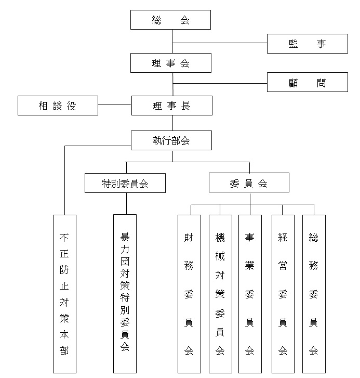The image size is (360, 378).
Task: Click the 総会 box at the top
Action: click(170, 20)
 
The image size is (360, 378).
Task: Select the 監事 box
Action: click(308, 44)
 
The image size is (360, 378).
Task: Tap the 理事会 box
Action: click(171, 63)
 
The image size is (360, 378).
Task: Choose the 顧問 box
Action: click(308, 82)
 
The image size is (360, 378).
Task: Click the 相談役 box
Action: click(58, 106)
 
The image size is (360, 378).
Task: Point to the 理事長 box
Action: click(172, 106)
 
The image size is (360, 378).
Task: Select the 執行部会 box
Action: click(171, 140)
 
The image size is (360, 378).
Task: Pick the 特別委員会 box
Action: click(125, 183)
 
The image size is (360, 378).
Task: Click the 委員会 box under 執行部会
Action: click(249, 183)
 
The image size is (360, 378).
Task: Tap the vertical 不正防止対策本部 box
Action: click(64, 294)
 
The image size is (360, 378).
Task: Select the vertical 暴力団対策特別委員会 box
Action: click(125, 294)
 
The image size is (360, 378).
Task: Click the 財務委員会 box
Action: click(189, 294)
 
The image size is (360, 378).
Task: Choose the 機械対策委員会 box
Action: click(220, 294)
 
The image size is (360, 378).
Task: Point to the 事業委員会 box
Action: click(250, 294)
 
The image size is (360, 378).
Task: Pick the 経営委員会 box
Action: click(283, 294)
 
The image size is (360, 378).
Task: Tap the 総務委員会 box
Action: click(314, 294)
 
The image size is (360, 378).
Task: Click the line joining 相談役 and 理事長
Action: click(115, 105)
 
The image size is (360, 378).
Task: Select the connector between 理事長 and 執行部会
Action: click(172, 123)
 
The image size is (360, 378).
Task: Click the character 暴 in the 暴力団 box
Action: click(125, 237)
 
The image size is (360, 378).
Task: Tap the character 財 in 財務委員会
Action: click(189, 238)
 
